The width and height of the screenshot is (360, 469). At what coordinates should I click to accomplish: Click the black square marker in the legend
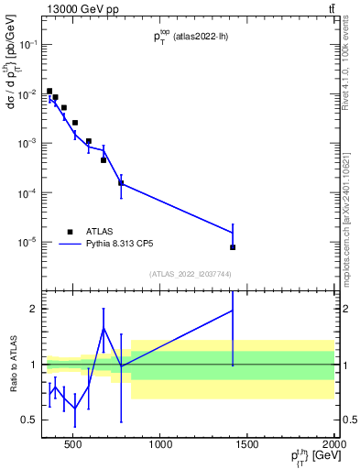point(71,232)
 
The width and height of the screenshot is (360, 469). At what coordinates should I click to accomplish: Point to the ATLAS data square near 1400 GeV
point(233,247)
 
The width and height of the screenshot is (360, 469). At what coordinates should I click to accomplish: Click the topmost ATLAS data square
point(49,91)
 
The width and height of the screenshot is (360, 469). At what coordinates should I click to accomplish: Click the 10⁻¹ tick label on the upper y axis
point(27,44)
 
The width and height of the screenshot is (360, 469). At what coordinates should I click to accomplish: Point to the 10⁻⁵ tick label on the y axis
point(27,243)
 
